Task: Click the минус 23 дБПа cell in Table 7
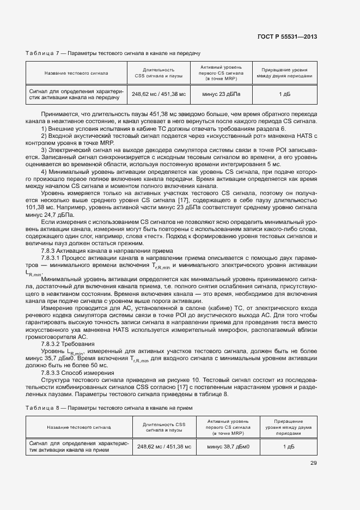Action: [221, 94]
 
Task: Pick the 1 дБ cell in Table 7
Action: [284, 94]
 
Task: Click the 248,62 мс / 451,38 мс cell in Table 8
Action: [164, 446]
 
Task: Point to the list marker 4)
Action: [45, 172]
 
